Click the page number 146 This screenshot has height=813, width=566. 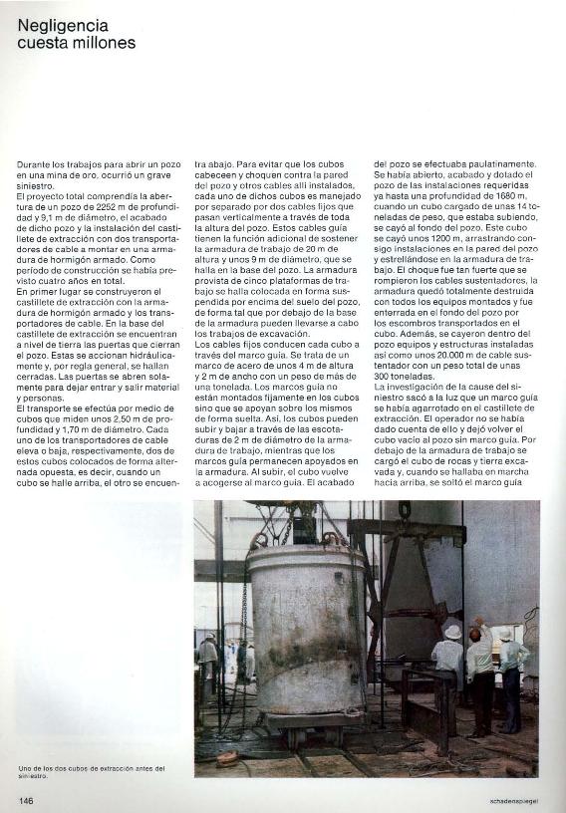pos(27,799)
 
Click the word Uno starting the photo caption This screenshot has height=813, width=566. pos(26,767)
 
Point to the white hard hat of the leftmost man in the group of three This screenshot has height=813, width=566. pos(452,632)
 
